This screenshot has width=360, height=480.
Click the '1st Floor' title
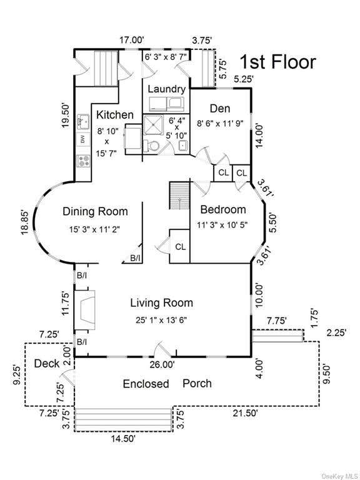pos(277,62)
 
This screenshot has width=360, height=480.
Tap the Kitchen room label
pos(115,115)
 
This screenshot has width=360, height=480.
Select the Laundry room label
pos(167,89)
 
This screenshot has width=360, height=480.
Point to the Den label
pos(220,109)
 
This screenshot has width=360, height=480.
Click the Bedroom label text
pos(223,210)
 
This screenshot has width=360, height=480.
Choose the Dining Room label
pos(95,211)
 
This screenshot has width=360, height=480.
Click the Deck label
pos(47,364)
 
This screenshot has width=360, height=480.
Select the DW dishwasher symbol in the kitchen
pos(83,140)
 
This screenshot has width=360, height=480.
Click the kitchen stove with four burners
pos(84,161)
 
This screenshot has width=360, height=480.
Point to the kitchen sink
pos(83,121)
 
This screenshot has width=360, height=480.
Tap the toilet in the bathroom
pos(151,145)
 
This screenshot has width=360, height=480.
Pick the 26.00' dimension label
pos(162,364)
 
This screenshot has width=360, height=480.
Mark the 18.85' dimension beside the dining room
pos(26,222)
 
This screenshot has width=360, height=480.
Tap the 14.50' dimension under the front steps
pos(122,439)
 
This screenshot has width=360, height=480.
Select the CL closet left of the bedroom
pos(180,246)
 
